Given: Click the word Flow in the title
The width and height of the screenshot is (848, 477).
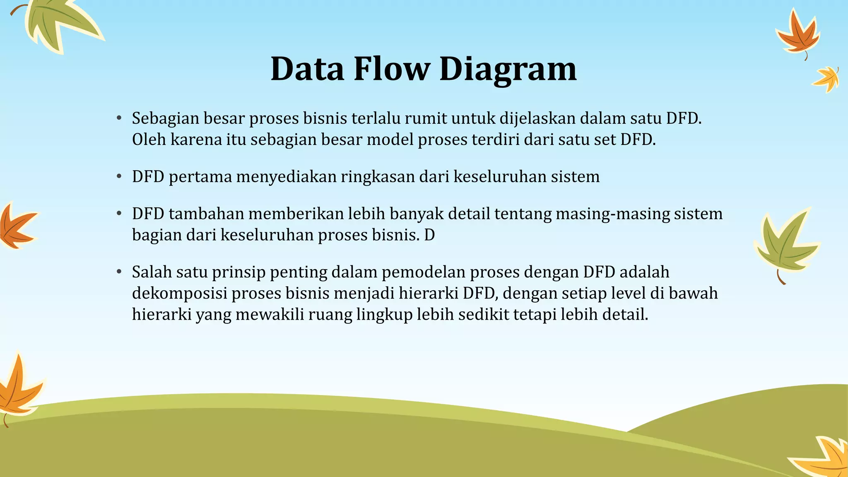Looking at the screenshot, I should [x=392, y=69].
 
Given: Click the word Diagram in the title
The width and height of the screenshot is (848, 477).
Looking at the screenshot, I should [x=508, y=69].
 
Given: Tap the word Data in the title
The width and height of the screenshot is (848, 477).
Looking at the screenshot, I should [x=307, y=69].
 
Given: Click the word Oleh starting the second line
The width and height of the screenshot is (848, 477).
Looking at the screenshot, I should [x=148, y=140].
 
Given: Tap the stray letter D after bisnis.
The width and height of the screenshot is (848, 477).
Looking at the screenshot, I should [x=429, y=235].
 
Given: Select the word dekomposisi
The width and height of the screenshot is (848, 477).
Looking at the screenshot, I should [x=179, y=293].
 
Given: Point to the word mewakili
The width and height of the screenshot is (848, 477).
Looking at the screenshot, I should [x=270, y=314].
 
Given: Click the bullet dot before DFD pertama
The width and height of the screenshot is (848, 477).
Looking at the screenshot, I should [x=119, y=177].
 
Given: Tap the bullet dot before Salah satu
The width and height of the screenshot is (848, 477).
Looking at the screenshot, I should [x=119, y=272].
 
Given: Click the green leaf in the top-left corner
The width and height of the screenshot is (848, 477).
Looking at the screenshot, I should [x=58, y=23].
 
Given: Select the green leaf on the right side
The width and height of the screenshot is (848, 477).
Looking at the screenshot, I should [x=785, y=244].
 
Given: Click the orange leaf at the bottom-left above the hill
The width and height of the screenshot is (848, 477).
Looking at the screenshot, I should [x=19, y=387].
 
